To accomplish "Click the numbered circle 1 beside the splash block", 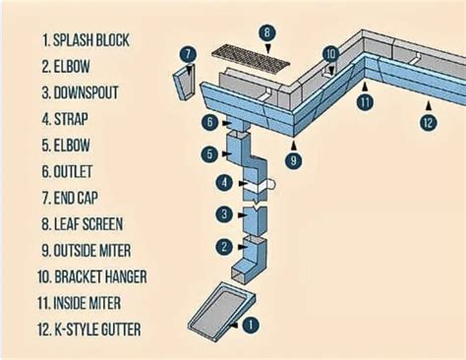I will (252, 323).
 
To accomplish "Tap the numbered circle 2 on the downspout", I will (224, 246).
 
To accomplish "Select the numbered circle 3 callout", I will (224, 214).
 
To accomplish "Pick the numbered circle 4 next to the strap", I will (224, 182).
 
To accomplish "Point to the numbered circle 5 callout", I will (209, 153).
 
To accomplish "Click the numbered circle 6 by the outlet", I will (209, 122).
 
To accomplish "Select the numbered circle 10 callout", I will (331, 54).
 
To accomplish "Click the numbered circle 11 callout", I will (365, 101).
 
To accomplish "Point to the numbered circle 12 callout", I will (427, 123).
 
